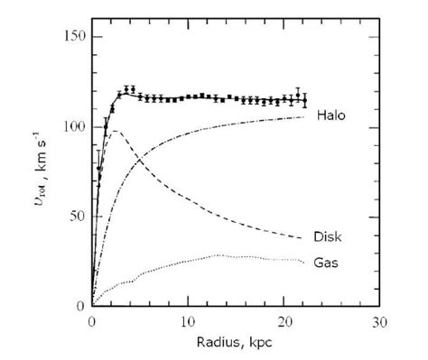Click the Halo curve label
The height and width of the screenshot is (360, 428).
pyautogui.click(x=332, y=116)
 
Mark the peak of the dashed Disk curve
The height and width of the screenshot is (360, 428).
pyautogui.click(x=114, y=131)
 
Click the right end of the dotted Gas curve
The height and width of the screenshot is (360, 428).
pyautogui.click(x=304, y=262)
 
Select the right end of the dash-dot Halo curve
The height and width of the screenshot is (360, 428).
pyautogui.click(x=304, y=116)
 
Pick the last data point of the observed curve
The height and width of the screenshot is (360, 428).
pyautogui.click(x=304, y=100)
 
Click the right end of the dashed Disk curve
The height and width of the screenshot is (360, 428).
pyautogui.click(x=304, y=238)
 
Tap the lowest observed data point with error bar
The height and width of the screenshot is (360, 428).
pyautogui.click(x=98, y=169)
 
